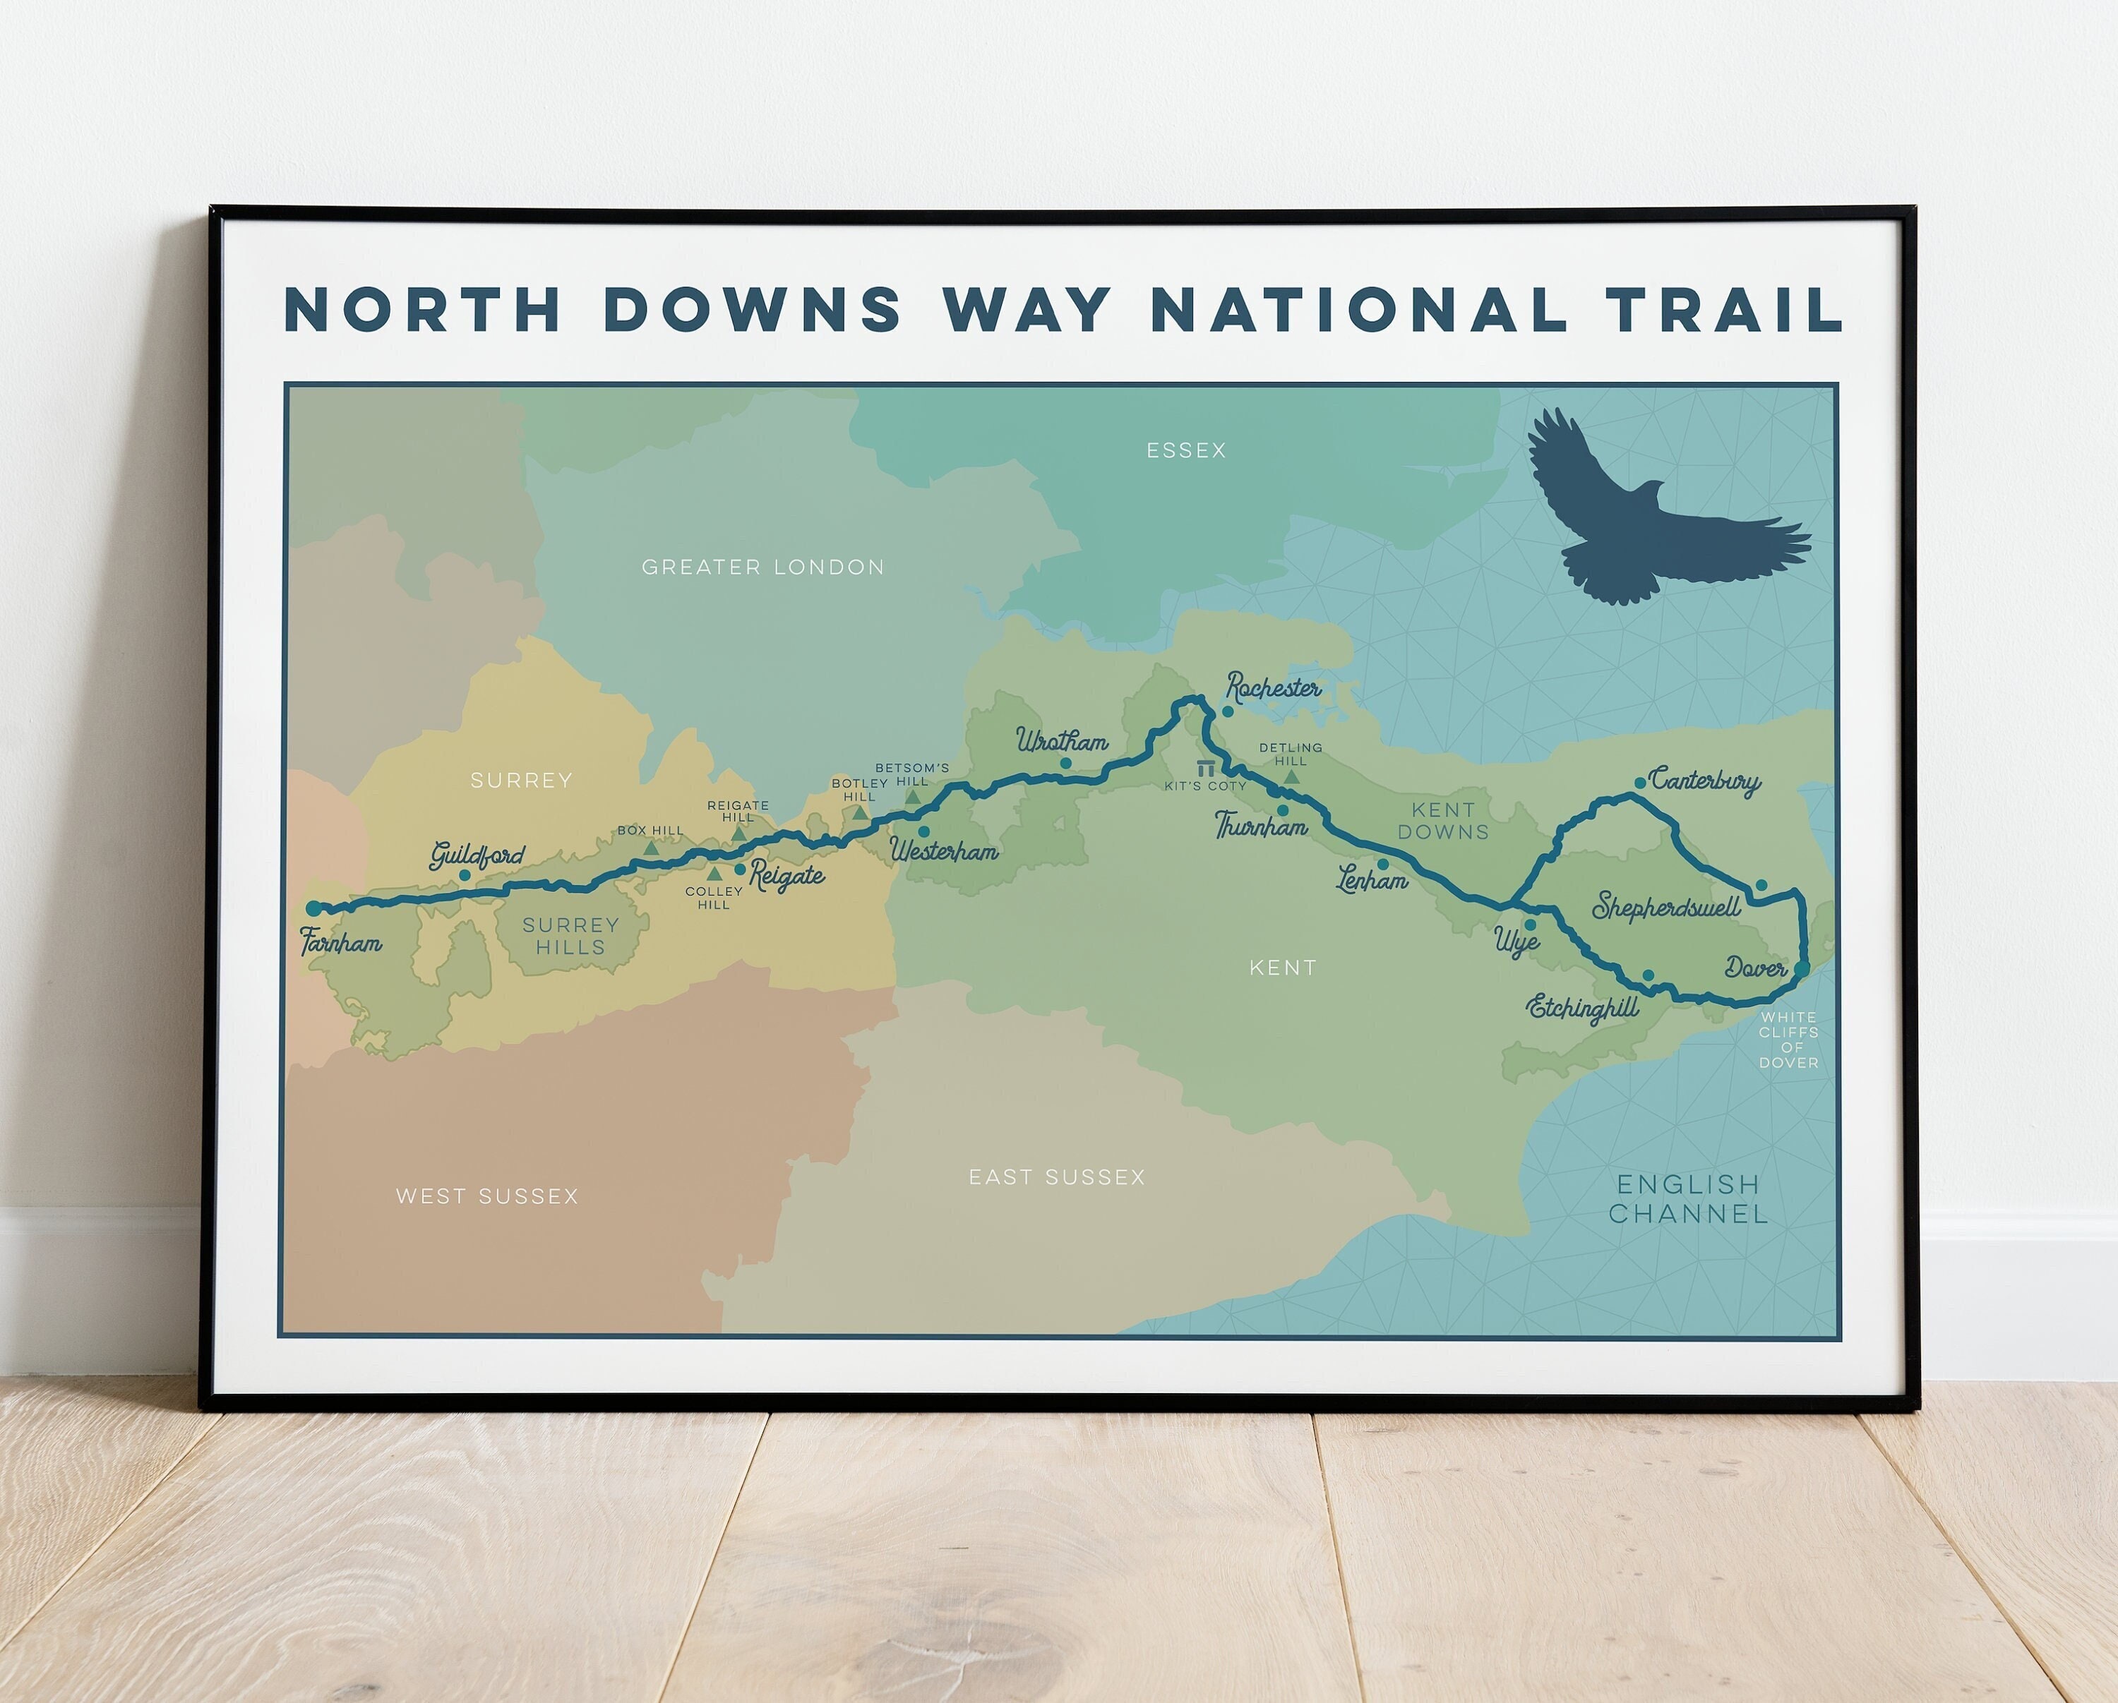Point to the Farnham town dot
[313, 908]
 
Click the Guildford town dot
[465, 874]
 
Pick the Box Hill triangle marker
[650, 848]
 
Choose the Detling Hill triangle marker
[1292, 777]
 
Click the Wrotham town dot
[1065, 763]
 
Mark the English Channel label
[1688, 1199]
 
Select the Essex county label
[1185, 450]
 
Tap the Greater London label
[762, 567]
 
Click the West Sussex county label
[487, 1196]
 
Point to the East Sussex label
[1056, 1177]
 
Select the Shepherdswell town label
[1666, 906]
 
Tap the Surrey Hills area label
[570, 936]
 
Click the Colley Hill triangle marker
[714, 873]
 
